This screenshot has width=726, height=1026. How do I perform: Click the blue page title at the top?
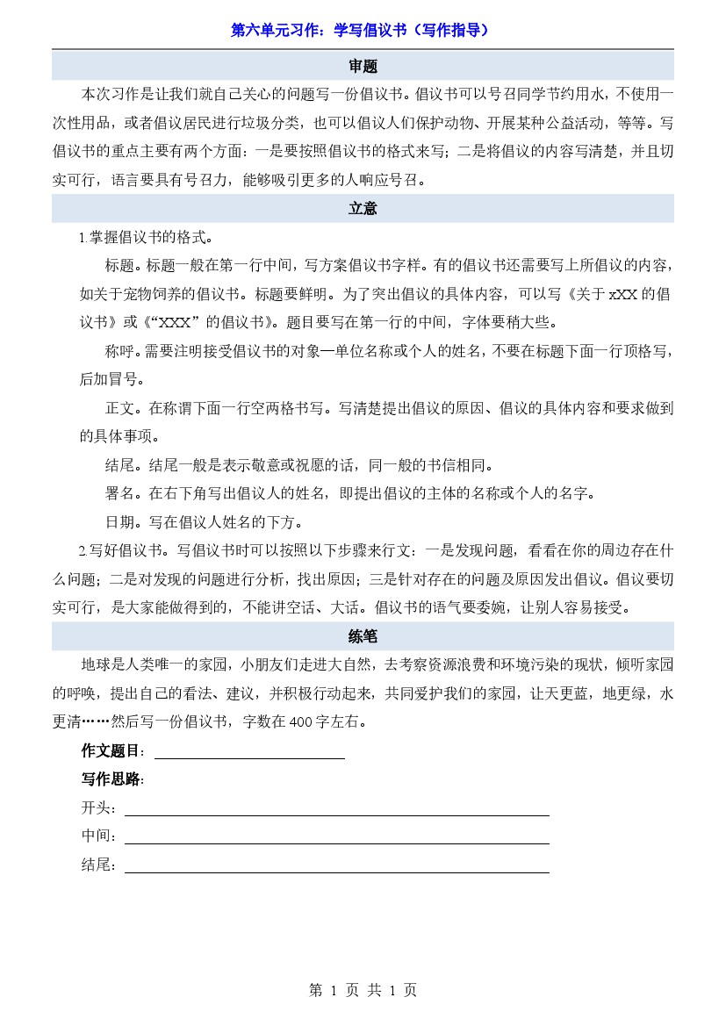(359, 30)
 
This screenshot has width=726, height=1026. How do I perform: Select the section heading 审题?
(363, 67)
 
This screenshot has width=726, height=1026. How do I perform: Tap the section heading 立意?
(363, 209)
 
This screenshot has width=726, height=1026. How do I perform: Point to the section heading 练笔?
(363, 636)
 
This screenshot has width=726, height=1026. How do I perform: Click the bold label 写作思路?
(111, 779)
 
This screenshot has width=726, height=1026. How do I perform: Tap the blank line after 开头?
(336, 808)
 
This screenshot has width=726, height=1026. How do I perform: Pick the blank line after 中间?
(336, 836)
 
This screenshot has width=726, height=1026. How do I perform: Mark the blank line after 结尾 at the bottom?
(336, 865)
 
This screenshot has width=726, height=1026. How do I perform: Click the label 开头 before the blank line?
(97, 808)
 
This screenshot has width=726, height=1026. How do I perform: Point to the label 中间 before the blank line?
(97, 836)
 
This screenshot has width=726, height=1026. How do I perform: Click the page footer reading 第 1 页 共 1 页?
(363, 990)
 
